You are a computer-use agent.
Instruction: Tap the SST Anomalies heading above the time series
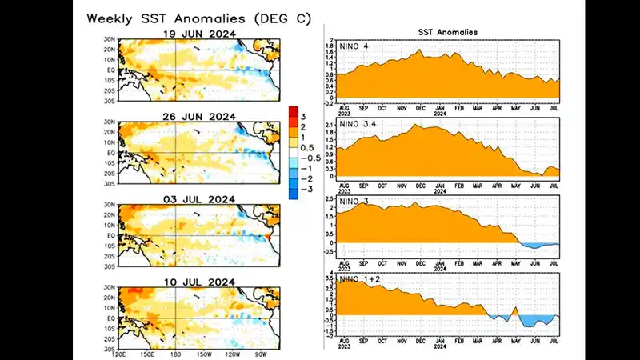pyautogui.click(x=447, y=33)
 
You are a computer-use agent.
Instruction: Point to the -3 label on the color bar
pyautogui.click(x=305, y=192)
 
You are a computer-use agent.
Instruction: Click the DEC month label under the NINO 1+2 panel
pyautogui.click(x=420, y=342)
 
